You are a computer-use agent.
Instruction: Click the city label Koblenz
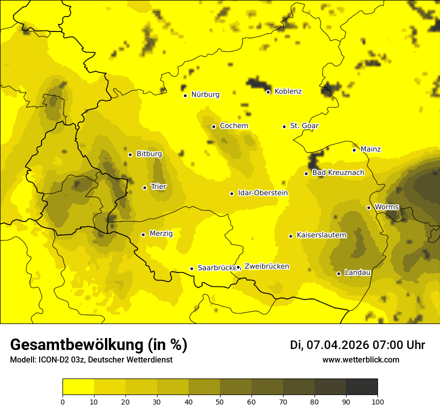(x=288, y=91)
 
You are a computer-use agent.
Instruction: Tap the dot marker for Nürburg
(x=185, y=95)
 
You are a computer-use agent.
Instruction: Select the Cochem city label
(x=234, y=126)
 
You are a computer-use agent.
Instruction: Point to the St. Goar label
(x=304, y=126)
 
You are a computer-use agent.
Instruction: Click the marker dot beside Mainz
(x=354, y=150)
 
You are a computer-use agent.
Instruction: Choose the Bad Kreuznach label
(x=338, y=173)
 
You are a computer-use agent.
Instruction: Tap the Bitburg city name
(x=149, y=154)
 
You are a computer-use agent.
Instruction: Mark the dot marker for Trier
(x=144, y=187)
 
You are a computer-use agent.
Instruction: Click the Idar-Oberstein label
(x=263, y=193)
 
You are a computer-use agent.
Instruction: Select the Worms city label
(x=386, y=207)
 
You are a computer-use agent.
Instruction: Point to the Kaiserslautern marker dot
(x=290, y=236)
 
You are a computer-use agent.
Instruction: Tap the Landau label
(x=357, y=273)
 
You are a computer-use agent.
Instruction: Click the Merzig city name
(x=161, y=234)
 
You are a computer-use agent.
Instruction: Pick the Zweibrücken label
(x=266, y=266)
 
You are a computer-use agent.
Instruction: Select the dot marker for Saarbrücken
(x=191, y=268)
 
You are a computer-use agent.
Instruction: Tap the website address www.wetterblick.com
(x=360, y=360)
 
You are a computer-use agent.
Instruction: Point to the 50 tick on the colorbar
(x=220, y=401)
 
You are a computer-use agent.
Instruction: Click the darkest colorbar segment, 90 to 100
(x=361, y=387)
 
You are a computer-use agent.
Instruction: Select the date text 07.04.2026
(x=337, y=345)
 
